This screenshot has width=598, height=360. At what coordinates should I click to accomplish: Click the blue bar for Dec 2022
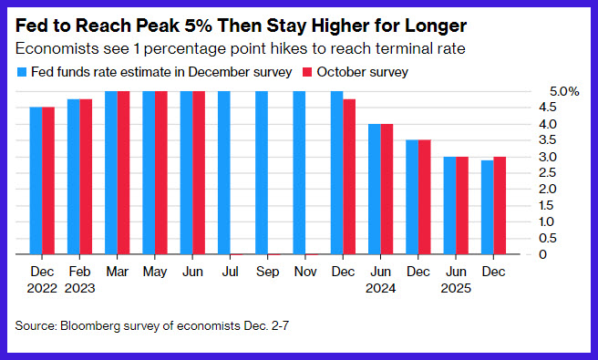point(36,180)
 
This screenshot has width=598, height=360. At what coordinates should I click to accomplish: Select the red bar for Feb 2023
point(86,177)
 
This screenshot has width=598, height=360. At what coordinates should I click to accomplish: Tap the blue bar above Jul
point(224,173)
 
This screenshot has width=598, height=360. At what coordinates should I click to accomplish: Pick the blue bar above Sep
point(262,173)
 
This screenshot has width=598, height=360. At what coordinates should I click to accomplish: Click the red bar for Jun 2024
point(387,189)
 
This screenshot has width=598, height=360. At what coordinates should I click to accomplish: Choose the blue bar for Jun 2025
point(449,205)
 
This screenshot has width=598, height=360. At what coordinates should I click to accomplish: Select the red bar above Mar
point(124,173)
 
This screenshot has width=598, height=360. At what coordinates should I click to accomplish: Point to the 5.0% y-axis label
point(564,91)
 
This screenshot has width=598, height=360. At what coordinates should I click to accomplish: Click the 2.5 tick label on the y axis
point(547,173)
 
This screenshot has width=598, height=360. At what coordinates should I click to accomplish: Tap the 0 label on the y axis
point(542,254)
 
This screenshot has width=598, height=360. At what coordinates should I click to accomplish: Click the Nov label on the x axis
point(305,272)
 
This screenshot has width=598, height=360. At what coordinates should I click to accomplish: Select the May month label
point(155,272)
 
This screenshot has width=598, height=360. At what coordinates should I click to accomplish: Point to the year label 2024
point(381,288)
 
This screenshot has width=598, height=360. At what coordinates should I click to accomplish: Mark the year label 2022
point(42,288)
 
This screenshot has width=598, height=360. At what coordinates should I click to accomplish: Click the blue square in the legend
point(22,72)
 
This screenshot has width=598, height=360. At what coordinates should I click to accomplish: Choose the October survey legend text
point(362,72)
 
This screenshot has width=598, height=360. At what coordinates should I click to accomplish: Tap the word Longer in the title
point(436,26)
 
